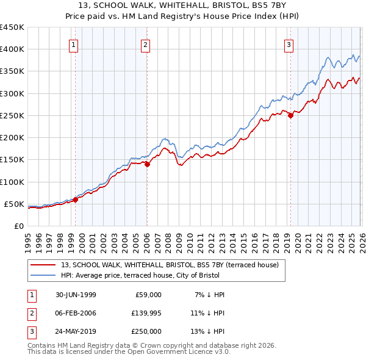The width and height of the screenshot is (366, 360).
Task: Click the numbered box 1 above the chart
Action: click(74, 44)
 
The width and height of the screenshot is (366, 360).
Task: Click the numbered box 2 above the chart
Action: click(146, 44)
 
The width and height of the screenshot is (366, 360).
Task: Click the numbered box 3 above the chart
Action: click(289, 44)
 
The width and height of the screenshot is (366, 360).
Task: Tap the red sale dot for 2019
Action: click(290, 116)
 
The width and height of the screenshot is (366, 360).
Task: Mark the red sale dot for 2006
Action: click(148, 164)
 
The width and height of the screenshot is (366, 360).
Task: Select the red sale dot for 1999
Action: click(76, 200)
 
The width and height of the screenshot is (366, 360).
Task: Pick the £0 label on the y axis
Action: click(18, 226)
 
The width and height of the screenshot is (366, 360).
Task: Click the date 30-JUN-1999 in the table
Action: click(75, 295)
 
